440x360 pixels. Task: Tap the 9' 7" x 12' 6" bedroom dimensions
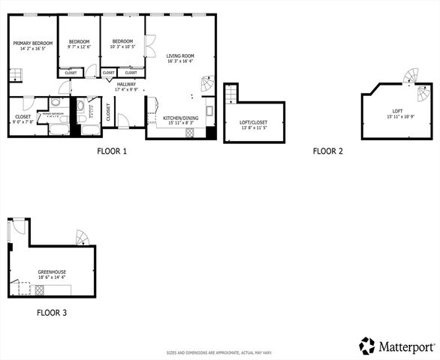(79, 47)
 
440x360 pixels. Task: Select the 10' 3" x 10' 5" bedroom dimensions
(122, 47)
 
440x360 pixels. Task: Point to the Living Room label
(180, 55)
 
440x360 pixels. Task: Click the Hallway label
(125, 84)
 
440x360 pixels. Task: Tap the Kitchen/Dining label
(181, 118)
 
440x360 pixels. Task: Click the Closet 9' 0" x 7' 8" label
(23, 117)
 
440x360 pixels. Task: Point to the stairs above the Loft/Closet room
(231, 93)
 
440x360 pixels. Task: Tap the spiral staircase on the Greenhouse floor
(82, 238)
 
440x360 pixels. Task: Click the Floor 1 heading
(112, 151)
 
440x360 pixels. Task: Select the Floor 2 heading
(327, 151)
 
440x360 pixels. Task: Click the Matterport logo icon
(366, 346)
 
